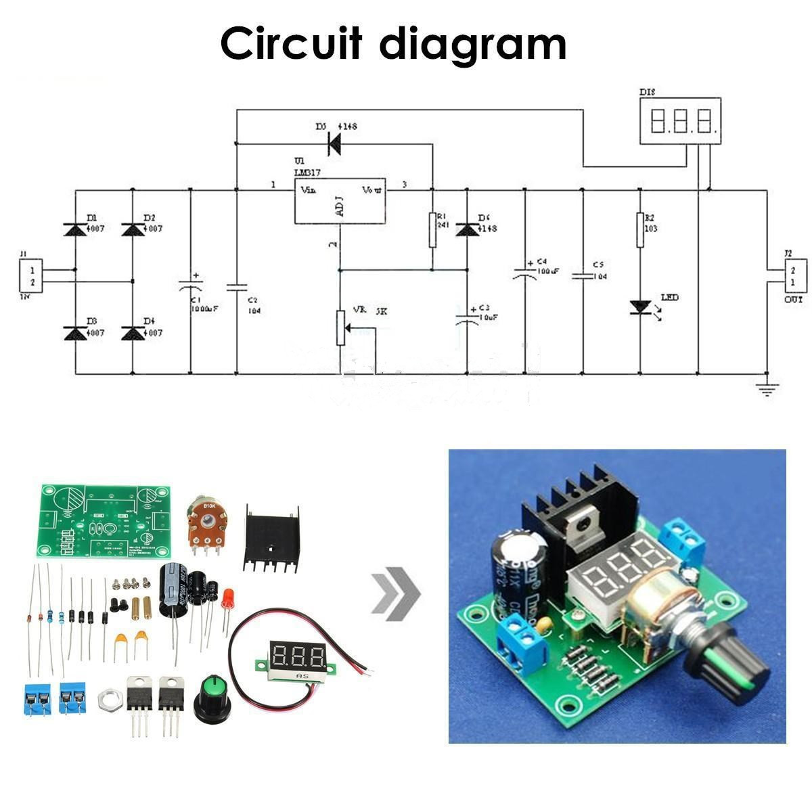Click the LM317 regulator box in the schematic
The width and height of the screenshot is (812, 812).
[x=340, y=200]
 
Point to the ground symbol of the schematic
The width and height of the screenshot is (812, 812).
[x=767, y=388]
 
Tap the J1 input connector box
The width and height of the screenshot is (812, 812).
[x=30, y=276]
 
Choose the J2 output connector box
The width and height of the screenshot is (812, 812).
[x=793, y=276]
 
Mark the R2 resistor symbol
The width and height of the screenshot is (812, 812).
[x=640, y=230]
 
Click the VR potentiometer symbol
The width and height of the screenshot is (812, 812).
[x=341, y=328]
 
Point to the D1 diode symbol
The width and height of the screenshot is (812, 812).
[x=74, y=229]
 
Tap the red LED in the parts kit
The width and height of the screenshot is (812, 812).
[x=228, y=598]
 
